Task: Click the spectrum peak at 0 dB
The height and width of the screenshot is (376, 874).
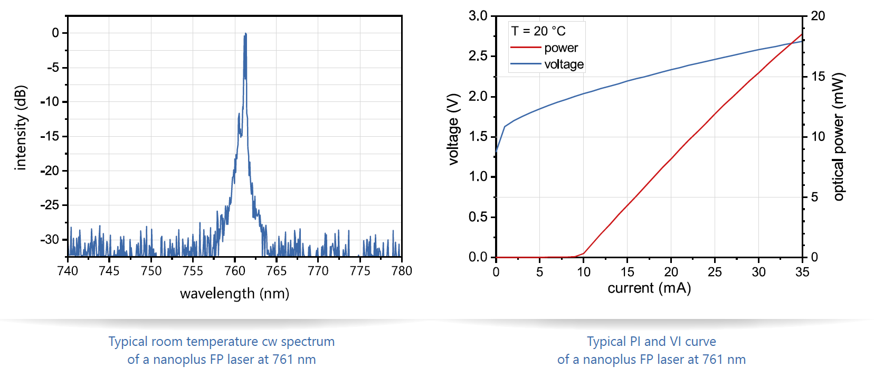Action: [245, 35]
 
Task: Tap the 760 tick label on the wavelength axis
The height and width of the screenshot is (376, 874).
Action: [235, 271]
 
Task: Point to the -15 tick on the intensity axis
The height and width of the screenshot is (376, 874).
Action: [51, 136]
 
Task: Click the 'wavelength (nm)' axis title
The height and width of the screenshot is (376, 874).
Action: [234, 294]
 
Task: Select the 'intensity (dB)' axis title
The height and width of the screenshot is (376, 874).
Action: [20, 128]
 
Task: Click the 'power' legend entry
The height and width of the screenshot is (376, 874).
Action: [561, 48]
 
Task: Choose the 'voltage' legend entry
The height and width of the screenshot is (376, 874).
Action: [564, 64]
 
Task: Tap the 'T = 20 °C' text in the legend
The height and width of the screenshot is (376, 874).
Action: [538, 31]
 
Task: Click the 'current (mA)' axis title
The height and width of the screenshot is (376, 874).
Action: [649, 288]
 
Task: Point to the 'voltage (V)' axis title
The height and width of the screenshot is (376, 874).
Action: [453, 129]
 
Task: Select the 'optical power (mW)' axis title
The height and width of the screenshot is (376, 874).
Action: [839, 136]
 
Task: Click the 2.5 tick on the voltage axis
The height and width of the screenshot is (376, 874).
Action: [478, 56]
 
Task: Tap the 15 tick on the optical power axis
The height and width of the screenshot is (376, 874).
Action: [818, 77]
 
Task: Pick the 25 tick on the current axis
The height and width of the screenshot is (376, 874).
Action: [715, 272]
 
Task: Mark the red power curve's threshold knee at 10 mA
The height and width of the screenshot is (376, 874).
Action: [583, 254]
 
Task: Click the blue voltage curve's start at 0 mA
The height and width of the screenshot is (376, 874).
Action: [496, 152]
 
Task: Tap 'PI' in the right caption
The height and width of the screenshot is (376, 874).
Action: [635, 342]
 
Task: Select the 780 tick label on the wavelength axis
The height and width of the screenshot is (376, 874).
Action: [402, 271]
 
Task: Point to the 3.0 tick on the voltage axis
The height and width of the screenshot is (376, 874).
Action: [478, 16]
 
